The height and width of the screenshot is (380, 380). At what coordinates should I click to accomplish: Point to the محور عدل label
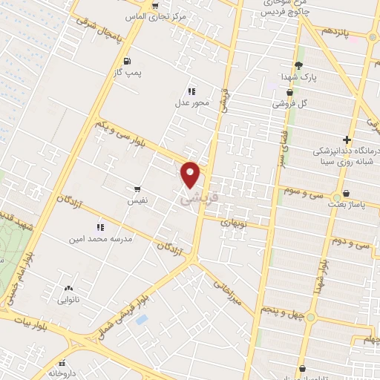188,103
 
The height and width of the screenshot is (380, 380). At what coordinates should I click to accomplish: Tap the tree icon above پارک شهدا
298,65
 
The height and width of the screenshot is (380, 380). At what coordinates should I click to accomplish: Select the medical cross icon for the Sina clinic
347,140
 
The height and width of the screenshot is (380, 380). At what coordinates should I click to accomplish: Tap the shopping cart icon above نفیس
137,189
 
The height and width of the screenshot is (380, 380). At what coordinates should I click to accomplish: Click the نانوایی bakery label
70,301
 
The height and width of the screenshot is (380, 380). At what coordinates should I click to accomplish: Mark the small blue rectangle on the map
142,319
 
